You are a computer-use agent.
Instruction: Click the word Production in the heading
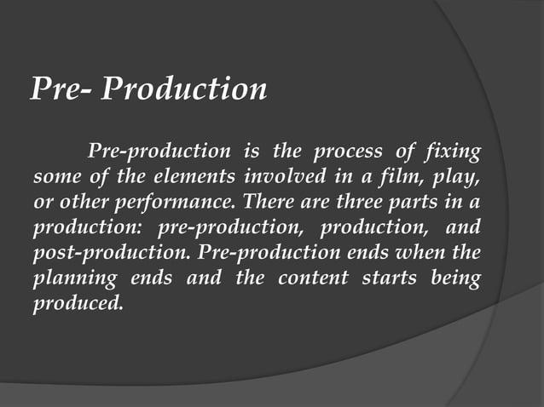tap(183, 89)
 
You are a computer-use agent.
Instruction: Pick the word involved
tap(278, 180)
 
